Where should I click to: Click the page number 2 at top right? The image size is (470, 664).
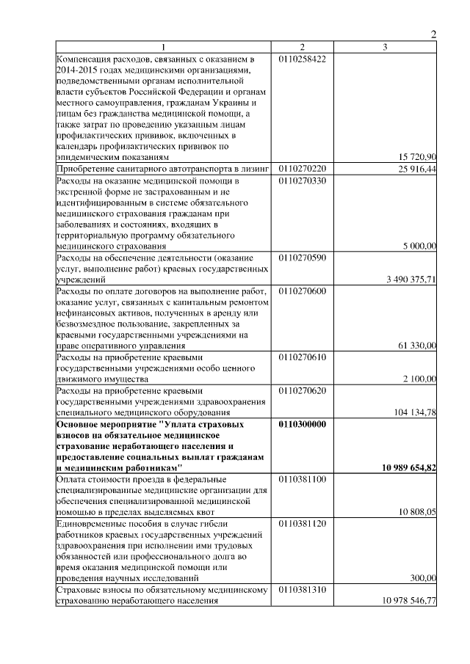coord(433,34)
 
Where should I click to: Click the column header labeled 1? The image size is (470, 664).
coord(164,47)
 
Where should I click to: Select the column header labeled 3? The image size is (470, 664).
coord(385,47)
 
